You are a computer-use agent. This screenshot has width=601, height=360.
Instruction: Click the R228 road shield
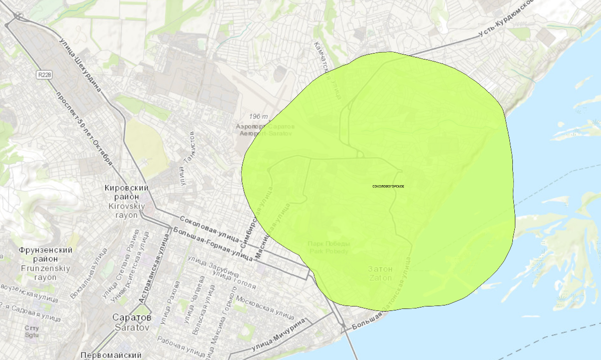pos(45,74)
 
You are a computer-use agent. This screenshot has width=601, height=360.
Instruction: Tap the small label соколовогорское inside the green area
pos(388,186)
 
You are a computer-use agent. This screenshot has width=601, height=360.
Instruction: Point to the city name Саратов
pos(132,322)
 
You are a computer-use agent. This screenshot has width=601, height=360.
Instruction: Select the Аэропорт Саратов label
pos(266,130)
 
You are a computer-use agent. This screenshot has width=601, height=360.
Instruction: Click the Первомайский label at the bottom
pos(111,355)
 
